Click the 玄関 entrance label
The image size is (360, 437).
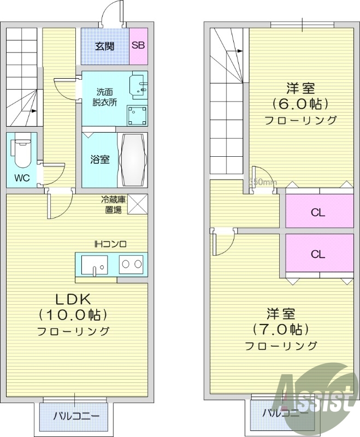(105, 45)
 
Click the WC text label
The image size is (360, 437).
(22, 178)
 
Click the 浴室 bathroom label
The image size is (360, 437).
(99, 160)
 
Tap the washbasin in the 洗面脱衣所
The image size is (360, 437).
(138, 85)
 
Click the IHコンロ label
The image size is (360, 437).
(110, 244)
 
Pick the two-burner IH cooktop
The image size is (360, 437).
(132, 264)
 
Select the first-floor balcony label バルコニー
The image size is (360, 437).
(76, 416)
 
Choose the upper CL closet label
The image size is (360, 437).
(318, 212)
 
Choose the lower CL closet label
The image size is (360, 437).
(318, 254)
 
